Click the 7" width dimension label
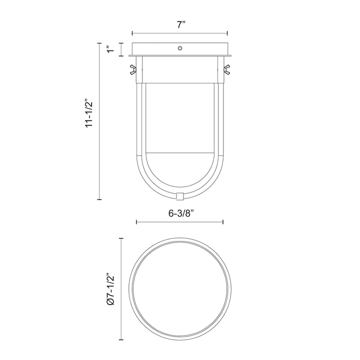click(x=179, y=25)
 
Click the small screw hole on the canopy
click(x=180, y=49)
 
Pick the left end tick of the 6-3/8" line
click(x=136, y=222)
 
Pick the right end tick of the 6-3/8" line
click(x=223, y=222)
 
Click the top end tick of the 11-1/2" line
click(x=98, y=43)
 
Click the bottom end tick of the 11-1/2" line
click(x=98, y=198)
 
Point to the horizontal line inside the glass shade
click(x=180, y=152)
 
